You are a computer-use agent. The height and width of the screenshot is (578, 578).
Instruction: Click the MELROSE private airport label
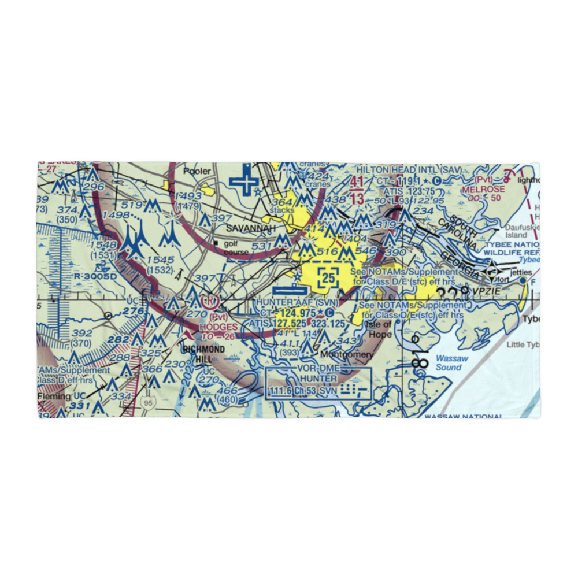[483, 189]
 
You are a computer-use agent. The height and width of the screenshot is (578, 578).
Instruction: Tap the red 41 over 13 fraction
[357, 191]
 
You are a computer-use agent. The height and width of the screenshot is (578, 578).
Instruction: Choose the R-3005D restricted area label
[95, 276]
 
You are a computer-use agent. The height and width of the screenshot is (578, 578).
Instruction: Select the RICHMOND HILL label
[203, 354]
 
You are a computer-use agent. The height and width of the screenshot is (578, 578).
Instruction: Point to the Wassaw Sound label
[449, 362]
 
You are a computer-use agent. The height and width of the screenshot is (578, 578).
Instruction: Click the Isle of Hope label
[379, 329]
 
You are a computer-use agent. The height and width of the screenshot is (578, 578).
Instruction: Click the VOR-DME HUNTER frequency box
[318, 383]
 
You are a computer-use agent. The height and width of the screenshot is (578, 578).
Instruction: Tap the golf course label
[235, 248]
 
